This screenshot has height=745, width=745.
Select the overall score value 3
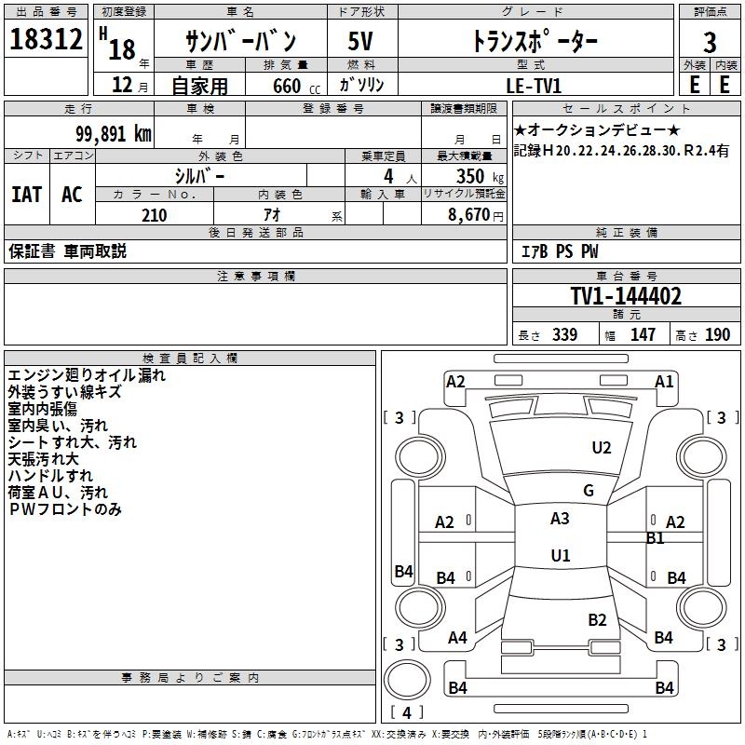(x=710, y=42)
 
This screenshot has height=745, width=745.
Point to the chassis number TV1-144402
(x=626, y=296)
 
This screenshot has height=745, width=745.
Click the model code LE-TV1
(x=533, y=84)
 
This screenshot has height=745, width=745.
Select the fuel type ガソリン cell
(x=362, y=84)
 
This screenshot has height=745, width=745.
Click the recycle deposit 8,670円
(x=476, y=215)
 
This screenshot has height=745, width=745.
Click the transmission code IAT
(x=27, y=195)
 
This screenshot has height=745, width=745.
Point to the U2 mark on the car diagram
(x=602, y=448)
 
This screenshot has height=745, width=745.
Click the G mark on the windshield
(x=589, y=491)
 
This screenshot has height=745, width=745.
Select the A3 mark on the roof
(x=560, y=519)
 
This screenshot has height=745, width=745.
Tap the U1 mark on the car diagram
(x=560, y=556)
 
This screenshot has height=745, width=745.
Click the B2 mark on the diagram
(x=597, y=620)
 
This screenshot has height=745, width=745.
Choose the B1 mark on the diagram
(x=655, y=538)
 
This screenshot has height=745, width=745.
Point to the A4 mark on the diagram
(x=457, y=638)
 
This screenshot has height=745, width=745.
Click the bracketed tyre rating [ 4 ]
(x=406, y=713)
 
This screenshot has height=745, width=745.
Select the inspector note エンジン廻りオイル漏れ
(x=87, y=375)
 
